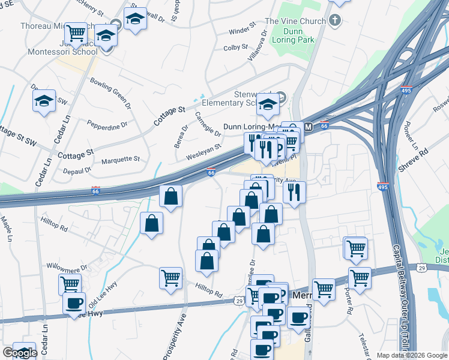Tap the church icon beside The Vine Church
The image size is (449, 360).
336,21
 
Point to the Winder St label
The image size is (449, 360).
243,30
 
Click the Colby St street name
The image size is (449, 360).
235,47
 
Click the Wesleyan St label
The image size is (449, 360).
206,146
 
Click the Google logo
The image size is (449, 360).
20,353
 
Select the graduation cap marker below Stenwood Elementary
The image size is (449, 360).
268,105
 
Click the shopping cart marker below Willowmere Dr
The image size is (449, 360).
70,284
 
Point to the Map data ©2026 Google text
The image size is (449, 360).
411,355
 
